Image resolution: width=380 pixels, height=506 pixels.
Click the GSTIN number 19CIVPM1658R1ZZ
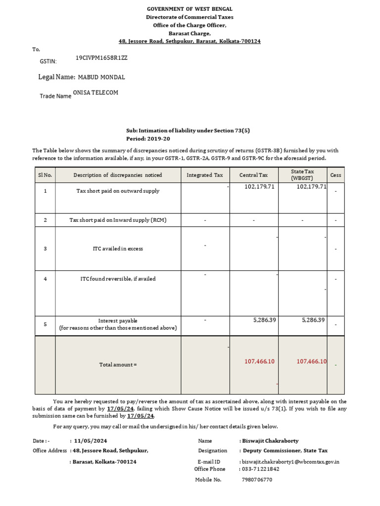[101, 58]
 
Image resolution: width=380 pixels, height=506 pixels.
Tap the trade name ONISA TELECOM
[95, 92]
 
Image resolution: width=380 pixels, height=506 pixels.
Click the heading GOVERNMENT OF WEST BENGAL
[190, 9]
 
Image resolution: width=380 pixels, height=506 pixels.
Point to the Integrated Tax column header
[205, 175]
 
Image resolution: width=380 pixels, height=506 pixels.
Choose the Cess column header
[336, 175]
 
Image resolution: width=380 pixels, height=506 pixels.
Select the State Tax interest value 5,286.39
[313, 320]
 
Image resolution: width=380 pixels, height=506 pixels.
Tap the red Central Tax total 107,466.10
[259, 362]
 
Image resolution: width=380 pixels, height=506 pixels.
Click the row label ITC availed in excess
[118, 249]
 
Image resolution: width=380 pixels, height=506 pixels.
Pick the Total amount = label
[118, 365]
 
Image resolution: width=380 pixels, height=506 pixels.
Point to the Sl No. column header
[45, 175]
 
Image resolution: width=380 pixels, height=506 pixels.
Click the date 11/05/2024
[90, 441]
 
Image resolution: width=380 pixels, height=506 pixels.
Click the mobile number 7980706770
[257, 480]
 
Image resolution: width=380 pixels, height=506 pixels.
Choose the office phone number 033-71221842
[261, 469]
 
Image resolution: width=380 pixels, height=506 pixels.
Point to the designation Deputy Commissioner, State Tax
[285, 451]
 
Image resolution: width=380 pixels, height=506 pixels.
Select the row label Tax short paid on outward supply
[118, 191]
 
